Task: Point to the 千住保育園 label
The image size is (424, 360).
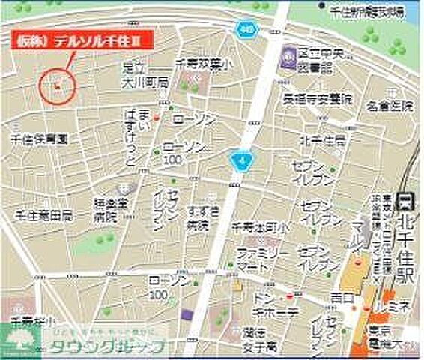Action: [x=39, y=139]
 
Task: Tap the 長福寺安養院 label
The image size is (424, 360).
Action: [x=315, y=97]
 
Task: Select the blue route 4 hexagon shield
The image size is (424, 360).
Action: [x=239, y=160]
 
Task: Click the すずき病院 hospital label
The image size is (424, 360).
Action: [x=197, y=214]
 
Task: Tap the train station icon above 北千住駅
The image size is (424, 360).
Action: [x=405, y=200]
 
